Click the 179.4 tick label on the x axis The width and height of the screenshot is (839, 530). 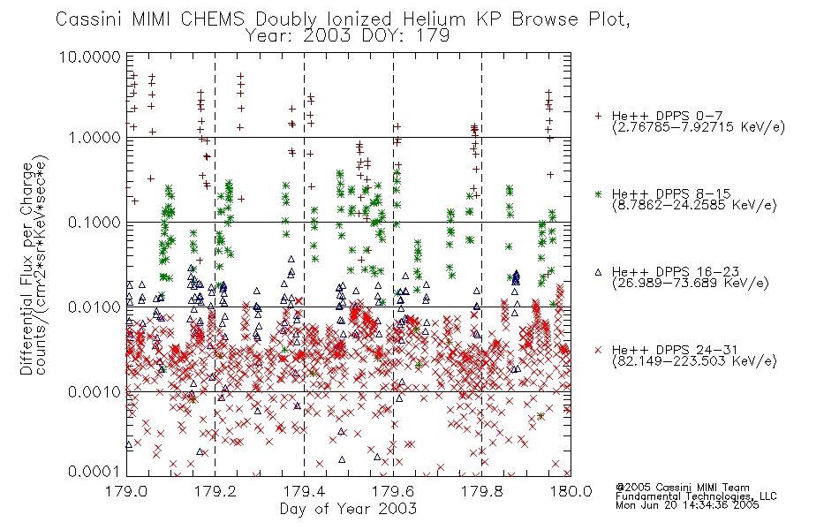tap(304, 491)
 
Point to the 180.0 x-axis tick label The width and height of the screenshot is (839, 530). tap(571, 491)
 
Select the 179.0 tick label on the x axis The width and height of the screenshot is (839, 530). tap(126, 491)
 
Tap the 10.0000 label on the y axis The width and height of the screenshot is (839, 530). tap(90, 57)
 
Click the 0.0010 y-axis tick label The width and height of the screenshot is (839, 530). tap(94, 392)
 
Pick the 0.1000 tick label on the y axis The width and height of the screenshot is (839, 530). tap(94, 223)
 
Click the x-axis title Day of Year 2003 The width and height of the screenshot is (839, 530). tap(348, 509)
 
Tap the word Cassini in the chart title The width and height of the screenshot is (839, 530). tap(90, 19)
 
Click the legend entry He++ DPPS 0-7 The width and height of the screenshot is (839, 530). tap(668, 116)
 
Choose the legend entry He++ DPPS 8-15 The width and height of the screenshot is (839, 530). tap(671, 193)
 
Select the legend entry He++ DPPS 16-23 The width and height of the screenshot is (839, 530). tap(676, 271)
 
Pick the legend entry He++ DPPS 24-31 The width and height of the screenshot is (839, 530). tap(676, 350)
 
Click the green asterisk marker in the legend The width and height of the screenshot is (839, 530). tap(598, 193)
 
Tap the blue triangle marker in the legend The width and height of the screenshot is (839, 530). tap(598, 272)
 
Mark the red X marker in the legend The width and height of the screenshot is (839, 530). tap(598, 350)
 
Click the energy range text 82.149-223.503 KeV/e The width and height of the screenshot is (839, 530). tap(694, 360)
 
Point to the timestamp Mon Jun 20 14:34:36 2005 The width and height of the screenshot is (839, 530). tap(687, 505)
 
